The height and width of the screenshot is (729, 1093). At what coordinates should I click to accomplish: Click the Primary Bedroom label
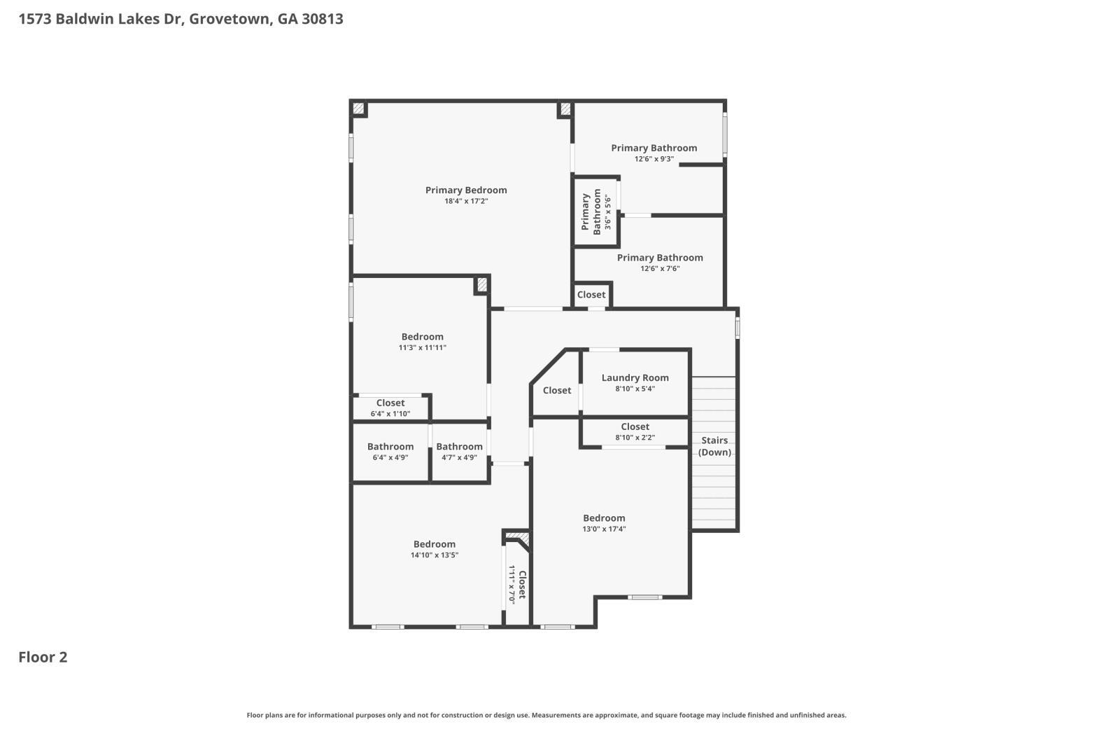point(466,190)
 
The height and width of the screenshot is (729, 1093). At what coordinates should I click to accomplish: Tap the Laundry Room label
point(635,378)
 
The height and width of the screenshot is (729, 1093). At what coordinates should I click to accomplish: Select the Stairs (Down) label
point(714,446)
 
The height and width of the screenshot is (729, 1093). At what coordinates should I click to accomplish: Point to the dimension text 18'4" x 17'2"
point(466,201)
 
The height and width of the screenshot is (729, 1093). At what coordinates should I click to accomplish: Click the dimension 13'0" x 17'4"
point(604,529)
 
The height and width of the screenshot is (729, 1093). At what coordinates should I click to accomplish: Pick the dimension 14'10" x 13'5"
point(435,555)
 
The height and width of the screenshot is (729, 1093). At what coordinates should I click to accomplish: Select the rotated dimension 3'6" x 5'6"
point(608,212)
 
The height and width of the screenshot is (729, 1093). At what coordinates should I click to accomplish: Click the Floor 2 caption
point(43,658)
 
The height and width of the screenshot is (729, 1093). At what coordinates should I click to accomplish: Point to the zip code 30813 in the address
point(323,19)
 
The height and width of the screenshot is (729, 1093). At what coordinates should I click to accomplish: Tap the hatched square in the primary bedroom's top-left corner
point(359,109)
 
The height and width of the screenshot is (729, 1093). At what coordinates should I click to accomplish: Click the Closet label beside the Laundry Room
point(557,391)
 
